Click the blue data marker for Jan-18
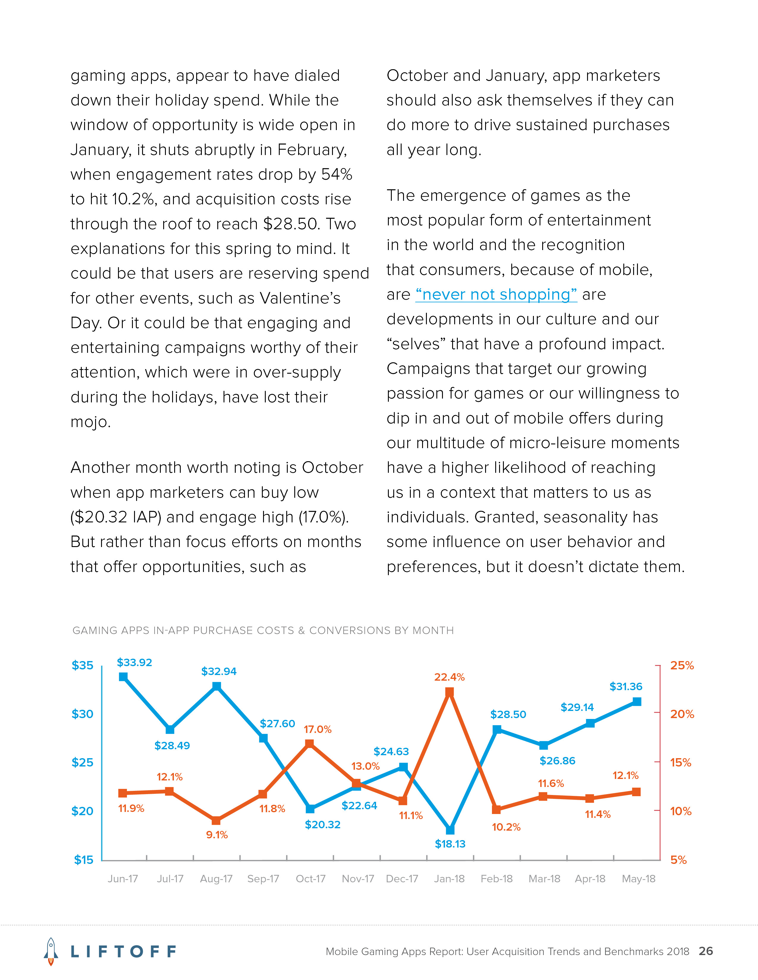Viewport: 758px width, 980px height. pos(450,830)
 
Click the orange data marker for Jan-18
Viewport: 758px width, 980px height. pos(449,692)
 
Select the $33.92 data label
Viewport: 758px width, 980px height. pos(134,662)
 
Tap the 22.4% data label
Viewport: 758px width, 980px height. pos(449,677)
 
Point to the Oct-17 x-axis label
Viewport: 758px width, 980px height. pos(310,879)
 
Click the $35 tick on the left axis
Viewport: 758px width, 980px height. pos(83,665)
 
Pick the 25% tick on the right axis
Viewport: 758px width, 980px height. pos(682,665)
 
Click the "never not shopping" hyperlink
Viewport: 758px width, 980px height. pos(496,294)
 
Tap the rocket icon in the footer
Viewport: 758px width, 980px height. pos(51,951)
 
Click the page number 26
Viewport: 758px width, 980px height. pos(706,951)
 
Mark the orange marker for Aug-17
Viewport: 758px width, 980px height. pos(216,820)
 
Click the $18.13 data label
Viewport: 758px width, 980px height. pos(450,844)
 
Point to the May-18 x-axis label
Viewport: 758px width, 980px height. pos(638,879)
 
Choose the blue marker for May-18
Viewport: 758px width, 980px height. pos(637,701)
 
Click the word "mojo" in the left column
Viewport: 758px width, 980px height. pos(89,422)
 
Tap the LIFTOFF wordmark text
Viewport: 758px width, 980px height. pos(123,951)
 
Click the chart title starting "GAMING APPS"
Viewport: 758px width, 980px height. pos(263,630)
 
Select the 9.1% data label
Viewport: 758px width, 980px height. pos(217,834)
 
